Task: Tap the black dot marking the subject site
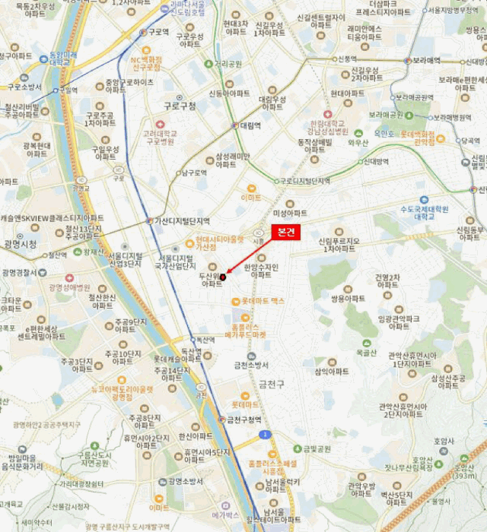tap(223, 277)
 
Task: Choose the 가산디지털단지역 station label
tap(182, 220)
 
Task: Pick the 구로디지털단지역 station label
tap(304, 181)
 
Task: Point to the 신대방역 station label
tap(375, 161)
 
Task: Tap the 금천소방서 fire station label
tap(252, 366)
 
